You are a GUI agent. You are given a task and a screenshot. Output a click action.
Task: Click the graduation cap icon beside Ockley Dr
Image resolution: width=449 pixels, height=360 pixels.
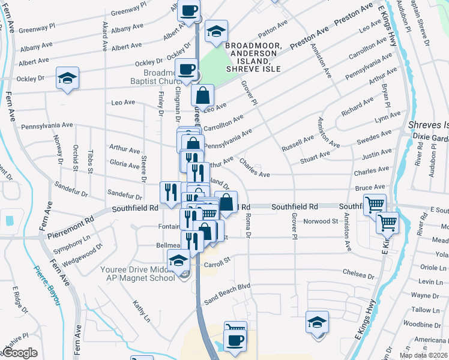pyautogui.click(x=67, y=78)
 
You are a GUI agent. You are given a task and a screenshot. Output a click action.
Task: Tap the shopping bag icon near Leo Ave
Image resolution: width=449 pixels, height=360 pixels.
pyautogui.click(x=203, y=95)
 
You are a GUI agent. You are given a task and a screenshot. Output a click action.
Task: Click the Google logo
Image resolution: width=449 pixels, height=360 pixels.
pyautogui.click(x=19, y=353)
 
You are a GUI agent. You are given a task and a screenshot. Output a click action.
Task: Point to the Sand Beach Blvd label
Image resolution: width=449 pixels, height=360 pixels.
pyautogui.click(x=226, y=286)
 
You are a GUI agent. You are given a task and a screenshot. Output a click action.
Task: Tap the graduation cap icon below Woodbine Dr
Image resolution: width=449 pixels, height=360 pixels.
pyautogui.click(x=317, y=321)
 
